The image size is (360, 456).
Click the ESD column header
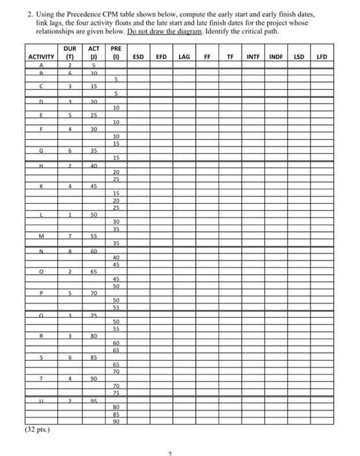pyautogui.click(x=138, y=57)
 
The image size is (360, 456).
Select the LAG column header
pyautogui.click(x=184, y=57)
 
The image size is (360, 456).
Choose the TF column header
pyautogui.click(x=230, y=57)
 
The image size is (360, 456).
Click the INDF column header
pyautogui.click(x=275, y=57)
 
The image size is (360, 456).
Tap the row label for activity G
pyautogui.click(x=41, y=150)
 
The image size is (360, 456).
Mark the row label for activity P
pyautogui.click(x=41, y=293)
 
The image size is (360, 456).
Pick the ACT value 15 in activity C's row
pyautogui.click(x=94, y=86)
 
